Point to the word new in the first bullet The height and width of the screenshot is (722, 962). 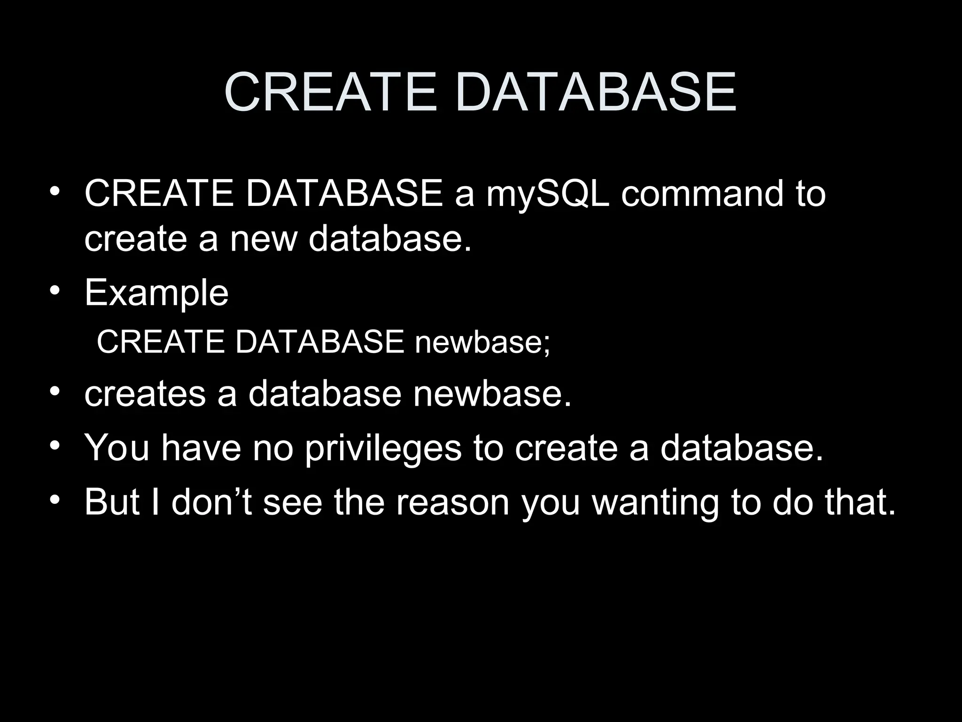[264, 238]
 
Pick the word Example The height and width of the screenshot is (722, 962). [156, 293]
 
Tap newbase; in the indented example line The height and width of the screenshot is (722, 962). [482, 342]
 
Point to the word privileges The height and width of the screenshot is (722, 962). [383, 448]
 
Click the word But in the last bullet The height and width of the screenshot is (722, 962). [112, 502]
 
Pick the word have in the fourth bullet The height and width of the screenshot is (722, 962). [201, 448]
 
